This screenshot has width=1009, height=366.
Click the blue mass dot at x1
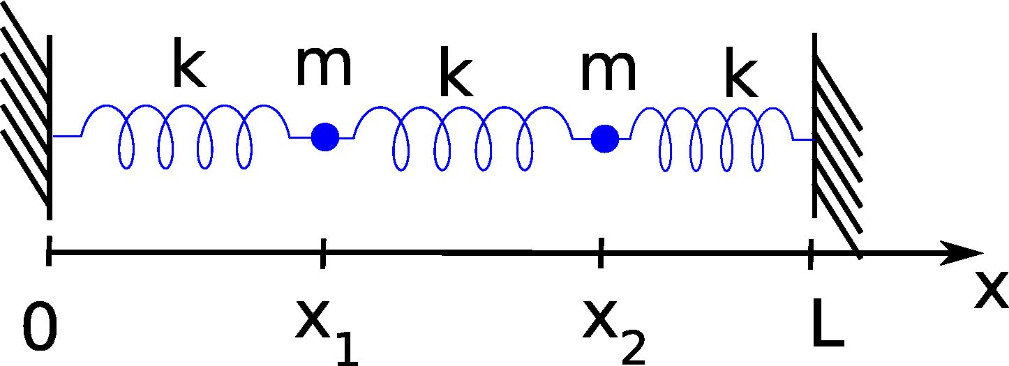(325, 137)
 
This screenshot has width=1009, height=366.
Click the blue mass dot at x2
(605, 138)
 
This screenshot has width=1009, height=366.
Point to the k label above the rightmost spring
(740, 78)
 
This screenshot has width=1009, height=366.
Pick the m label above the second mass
(608, 72)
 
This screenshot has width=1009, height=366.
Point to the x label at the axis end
(991, 291)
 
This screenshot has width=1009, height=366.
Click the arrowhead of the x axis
(963, 253)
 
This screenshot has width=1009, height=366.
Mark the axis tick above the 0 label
(49, 252)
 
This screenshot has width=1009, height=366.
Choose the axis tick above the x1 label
(322, 253)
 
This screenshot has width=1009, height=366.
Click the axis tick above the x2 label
(600, 253)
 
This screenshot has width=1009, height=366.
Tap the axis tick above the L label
(810, 254)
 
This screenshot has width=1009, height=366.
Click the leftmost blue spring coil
(186, 136)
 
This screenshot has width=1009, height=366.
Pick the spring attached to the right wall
(712, 138)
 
